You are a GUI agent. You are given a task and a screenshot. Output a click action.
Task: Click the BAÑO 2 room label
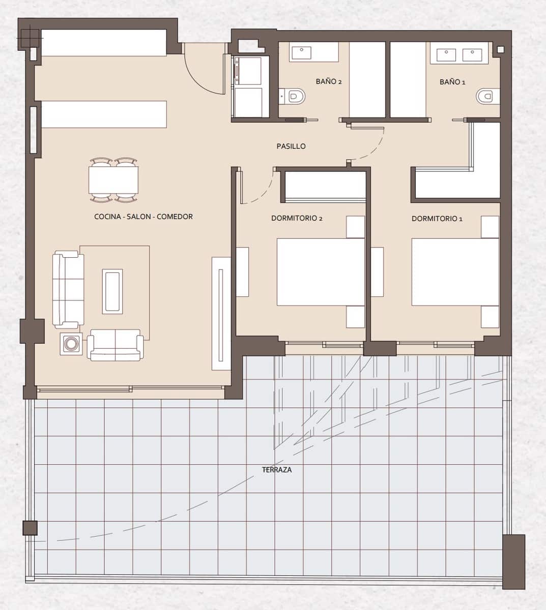(328, 81)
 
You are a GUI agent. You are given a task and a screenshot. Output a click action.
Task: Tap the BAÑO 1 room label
(452, 82)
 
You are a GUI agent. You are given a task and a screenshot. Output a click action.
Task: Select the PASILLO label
(291, 146)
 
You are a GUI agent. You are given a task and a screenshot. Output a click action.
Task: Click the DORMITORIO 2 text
(297, 219)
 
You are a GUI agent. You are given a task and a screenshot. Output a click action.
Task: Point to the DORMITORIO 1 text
(437, 219)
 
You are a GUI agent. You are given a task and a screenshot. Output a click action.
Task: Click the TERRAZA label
(277, 470)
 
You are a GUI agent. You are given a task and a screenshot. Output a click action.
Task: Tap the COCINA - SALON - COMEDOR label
(143, 217)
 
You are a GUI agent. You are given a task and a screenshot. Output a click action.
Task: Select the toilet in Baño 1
(486, 96)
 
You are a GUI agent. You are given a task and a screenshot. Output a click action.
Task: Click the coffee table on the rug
(112, 291)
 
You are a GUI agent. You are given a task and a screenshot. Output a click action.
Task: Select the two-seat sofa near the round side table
(115, 345)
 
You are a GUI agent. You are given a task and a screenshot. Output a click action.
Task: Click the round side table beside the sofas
(71, 344)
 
